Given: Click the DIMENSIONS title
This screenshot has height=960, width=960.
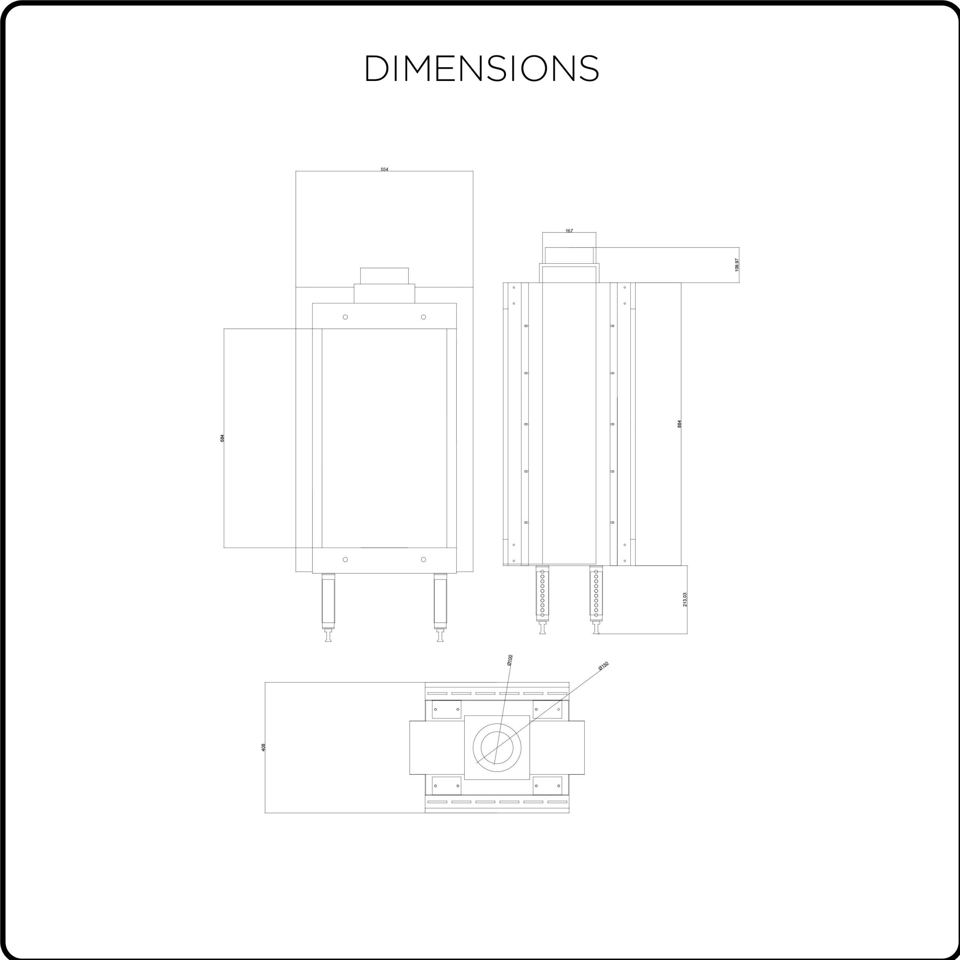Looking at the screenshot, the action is pyautogui.click(x=482, y=68).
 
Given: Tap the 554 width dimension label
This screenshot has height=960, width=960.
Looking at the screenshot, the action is pyautogui.click(x=384, y=169).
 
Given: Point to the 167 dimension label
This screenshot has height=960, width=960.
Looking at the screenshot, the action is pyautogui.click(x=569, y=231).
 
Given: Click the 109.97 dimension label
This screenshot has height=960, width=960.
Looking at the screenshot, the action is pyautogui.click(x=737, y=265).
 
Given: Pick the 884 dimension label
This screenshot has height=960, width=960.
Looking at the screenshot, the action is pyautogui.click(x=679, y=424).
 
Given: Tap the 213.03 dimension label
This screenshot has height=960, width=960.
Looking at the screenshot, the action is pyautogui.click(x=685, y=599).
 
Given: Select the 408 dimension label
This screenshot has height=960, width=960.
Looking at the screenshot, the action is pyautogui.click(x=263, y=747).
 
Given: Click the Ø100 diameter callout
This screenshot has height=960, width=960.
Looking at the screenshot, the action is pyautogui.click(x=510, y=660).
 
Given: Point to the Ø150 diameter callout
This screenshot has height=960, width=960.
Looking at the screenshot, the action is pyautogui.click(x=603, y=666).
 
